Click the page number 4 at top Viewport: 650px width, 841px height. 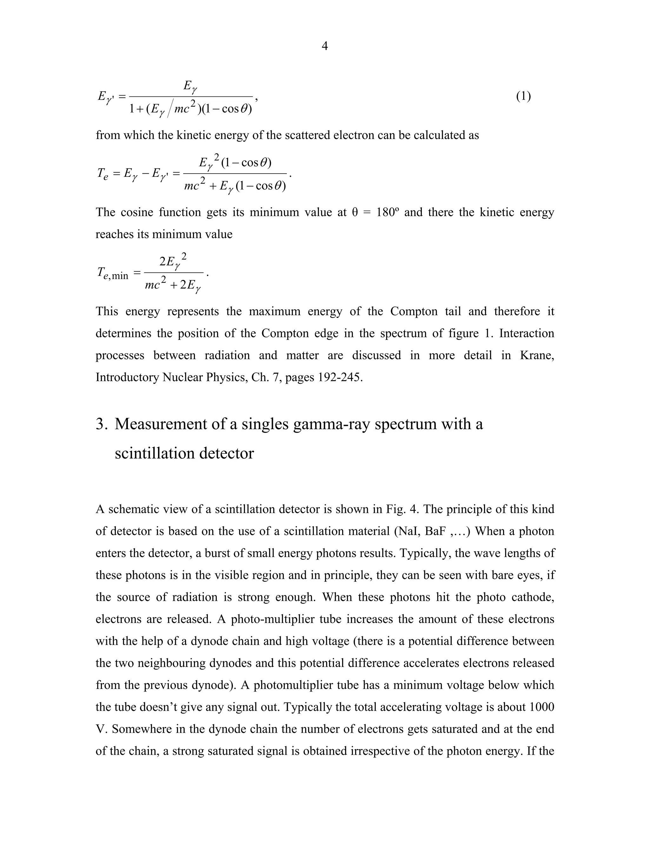pos(325,46)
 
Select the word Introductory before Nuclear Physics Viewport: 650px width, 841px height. pos(127,377)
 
